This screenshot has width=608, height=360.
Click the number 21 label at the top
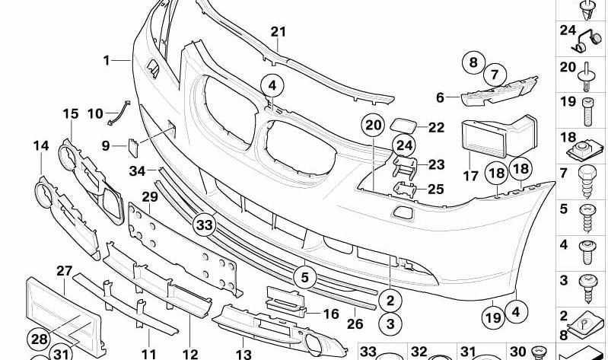pos(279,31)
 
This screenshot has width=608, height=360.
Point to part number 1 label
pos(107,59)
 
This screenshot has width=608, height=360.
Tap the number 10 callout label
pos(95,114)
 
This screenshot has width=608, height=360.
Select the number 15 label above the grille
pos(71,114)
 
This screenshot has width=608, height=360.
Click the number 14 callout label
pos(40,145)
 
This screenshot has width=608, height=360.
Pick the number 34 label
pos(137,170)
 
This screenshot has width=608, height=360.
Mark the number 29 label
pos(149,196)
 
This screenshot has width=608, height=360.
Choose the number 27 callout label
pos(64,270)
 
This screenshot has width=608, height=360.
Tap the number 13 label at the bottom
pos(244,354)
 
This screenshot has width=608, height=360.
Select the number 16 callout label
pos(331,314)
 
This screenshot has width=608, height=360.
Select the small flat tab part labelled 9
pos(131,144)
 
